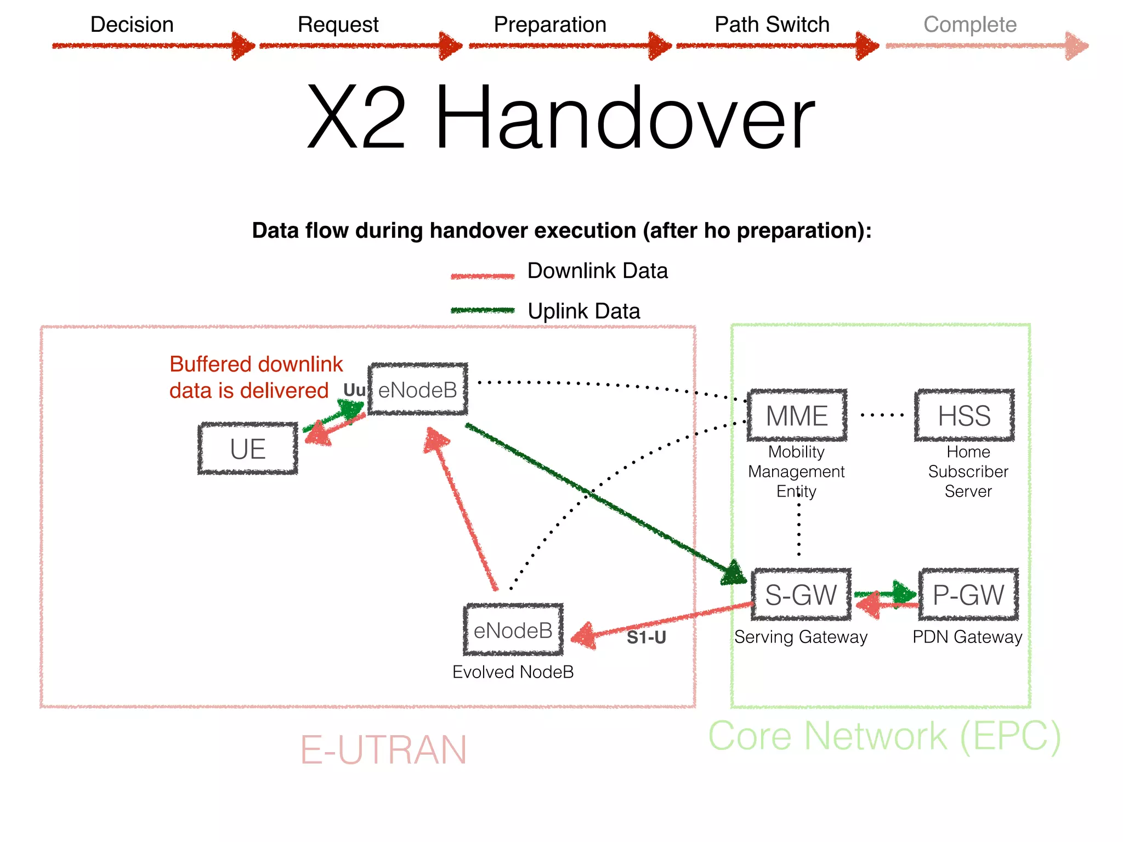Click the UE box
point(248,448)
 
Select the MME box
point(797,416)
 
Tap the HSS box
point(964,416)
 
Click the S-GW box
point(801,595)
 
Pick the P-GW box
point(968,595)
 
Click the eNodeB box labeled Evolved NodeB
point(513,630)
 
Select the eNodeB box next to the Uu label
point(418,390)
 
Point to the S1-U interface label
point(646,638)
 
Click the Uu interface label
point(354,390)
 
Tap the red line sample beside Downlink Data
point(483,276)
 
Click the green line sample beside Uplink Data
point(483,310)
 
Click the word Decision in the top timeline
point(132,25)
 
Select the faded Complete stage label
point(969,25)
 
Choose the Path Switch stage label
point(772,25)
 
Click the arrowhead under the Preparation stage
point(659,46)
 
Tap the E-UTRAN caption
point(383,750)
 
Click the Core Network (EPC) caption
point(884,736)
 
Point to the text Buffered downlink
point(256,364)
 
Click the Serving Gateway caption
point(801,637)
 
